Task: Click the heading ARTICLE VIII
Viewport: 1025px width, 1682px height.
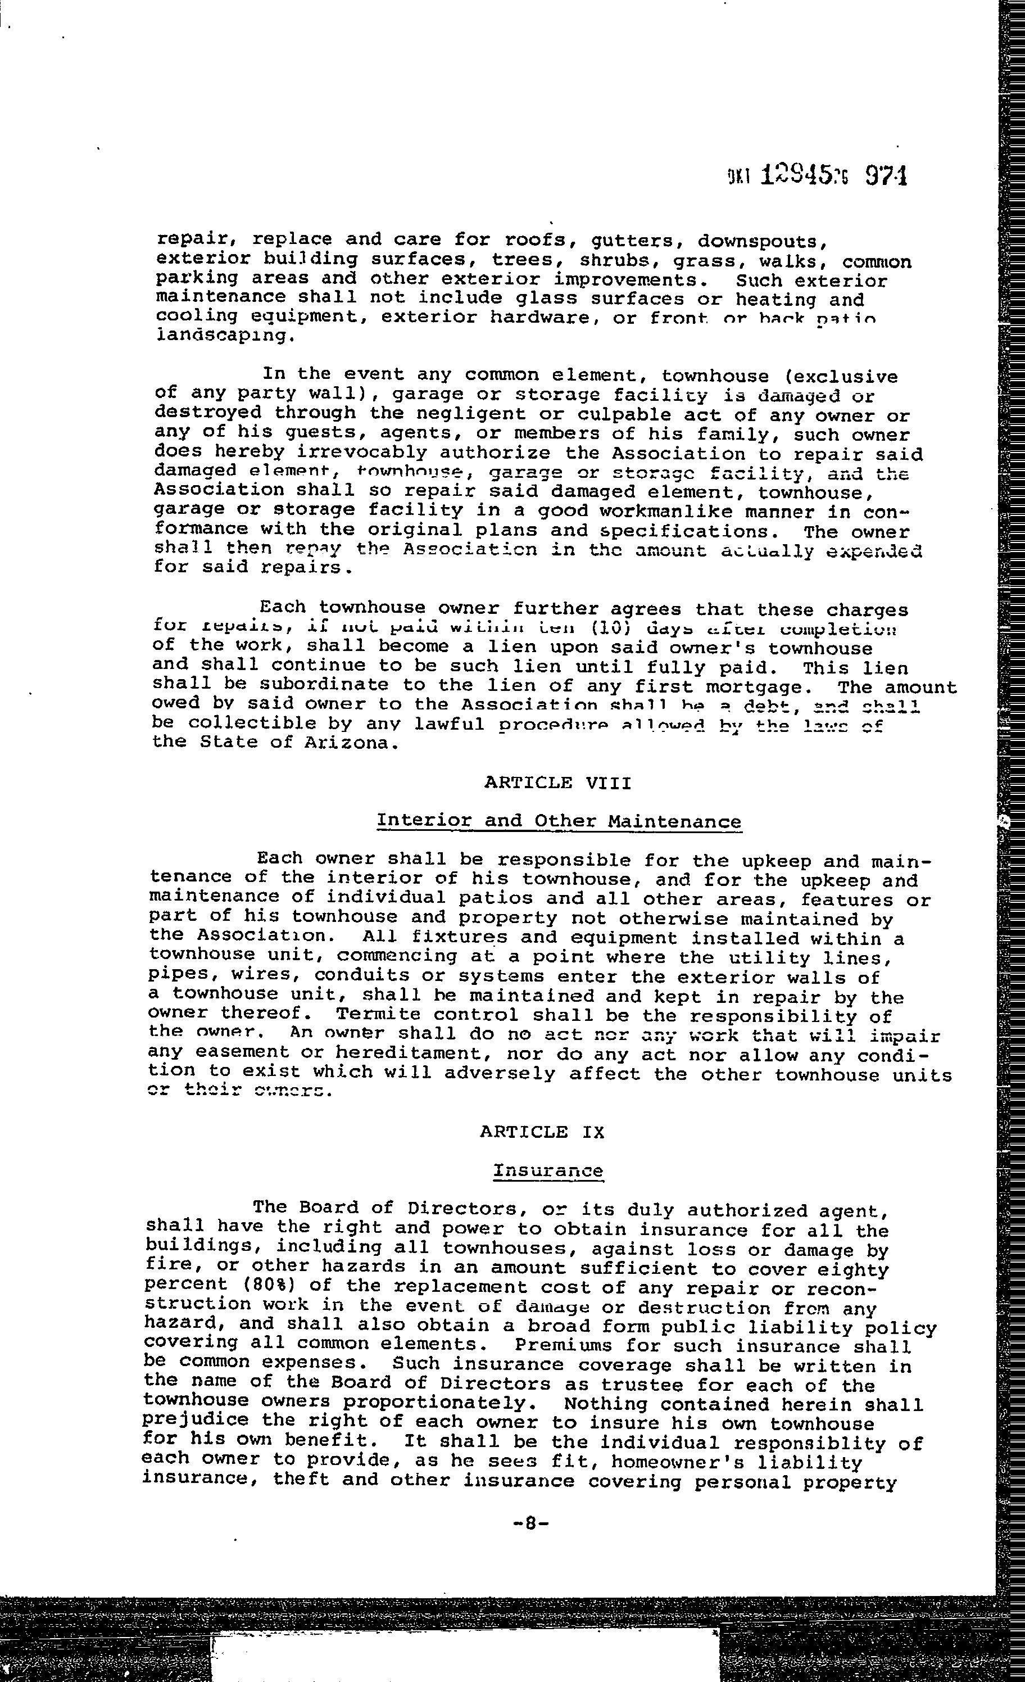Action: coord(557,783)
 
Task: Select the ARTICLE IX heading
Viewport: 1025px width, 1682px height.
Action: coord(542,1132)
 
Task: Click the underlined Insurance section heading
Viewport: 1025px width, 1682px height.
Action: coord(548,1170)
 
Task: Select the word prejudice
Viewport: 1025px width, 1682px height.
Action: coord(187,1423)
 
